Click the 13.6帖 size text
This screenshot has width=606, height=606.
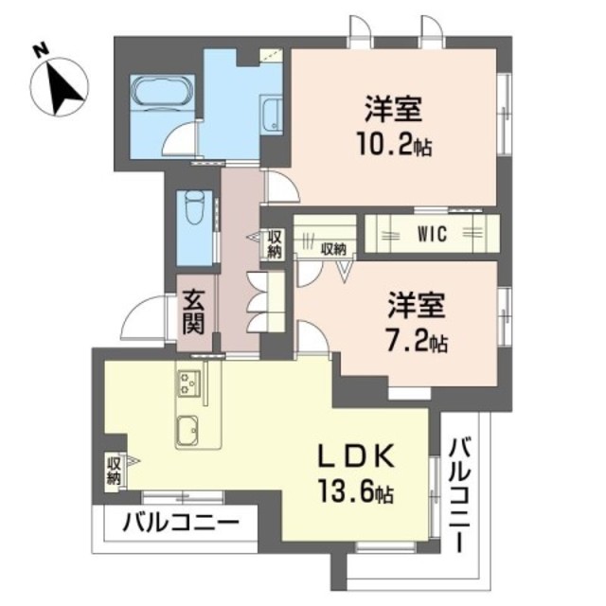click(355, 493)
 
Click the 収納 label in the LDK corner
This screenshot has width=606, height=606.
click(115, 470)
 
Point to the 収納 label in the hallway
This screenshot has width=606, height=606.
click(274, 244)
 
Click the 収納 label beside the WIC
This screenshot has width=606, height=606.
click(332, 250)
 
